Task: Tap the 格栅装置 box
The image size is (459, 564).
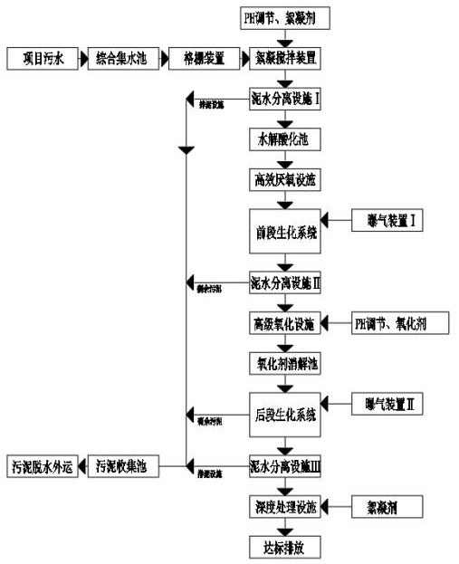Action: (201, 59)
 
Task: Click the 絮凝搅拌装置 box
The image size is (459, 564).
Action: (284, 59)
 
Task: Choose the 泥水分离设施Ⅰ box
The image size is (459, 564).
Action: (285, 99)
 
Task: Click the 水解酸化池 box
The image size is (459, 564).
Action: (285, 139)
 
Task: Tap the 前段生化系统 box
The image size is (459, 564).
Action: (285, 232)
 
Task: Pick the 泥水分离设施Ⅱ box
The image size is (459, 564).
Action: (285, 282)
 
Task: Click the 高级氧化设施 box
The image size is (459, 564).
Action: (285, 322)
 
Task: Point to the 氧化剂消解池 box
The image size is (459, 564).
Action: (285, 362)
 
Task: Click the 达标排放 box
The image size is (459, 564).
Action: (285, 548)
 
